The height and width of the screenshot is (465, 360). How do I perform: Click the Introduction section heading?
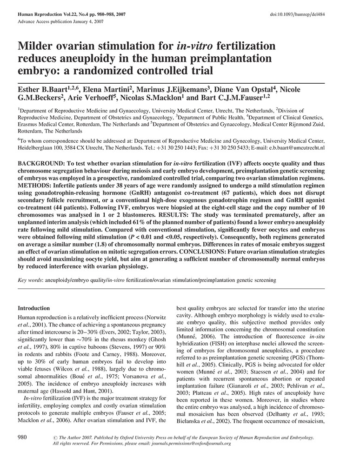coord(33,308)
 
